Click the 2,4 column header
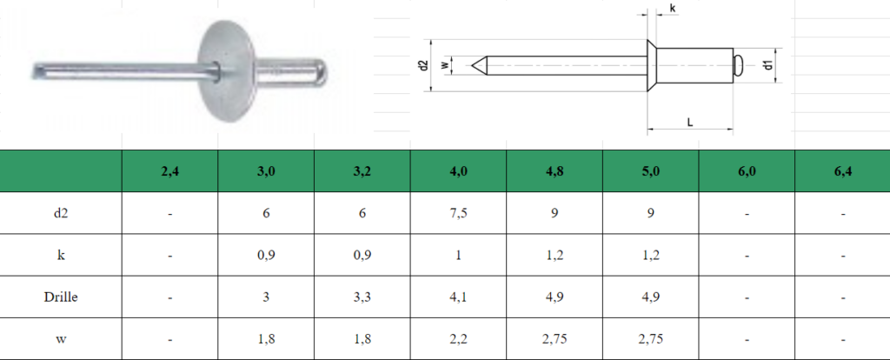[169, 171]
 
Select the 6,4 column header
[843, 171]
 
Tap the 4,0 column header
[459, 171]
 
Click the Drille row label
[61, 297]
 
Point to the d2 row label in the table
[61, 213]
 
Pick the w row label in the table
[61, 339]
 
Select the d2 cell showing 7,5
[459, 214]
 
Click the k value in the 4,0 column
[459, 255]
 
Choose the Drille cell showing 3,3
[362, 297]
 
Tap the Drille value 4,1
[459, 297]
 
